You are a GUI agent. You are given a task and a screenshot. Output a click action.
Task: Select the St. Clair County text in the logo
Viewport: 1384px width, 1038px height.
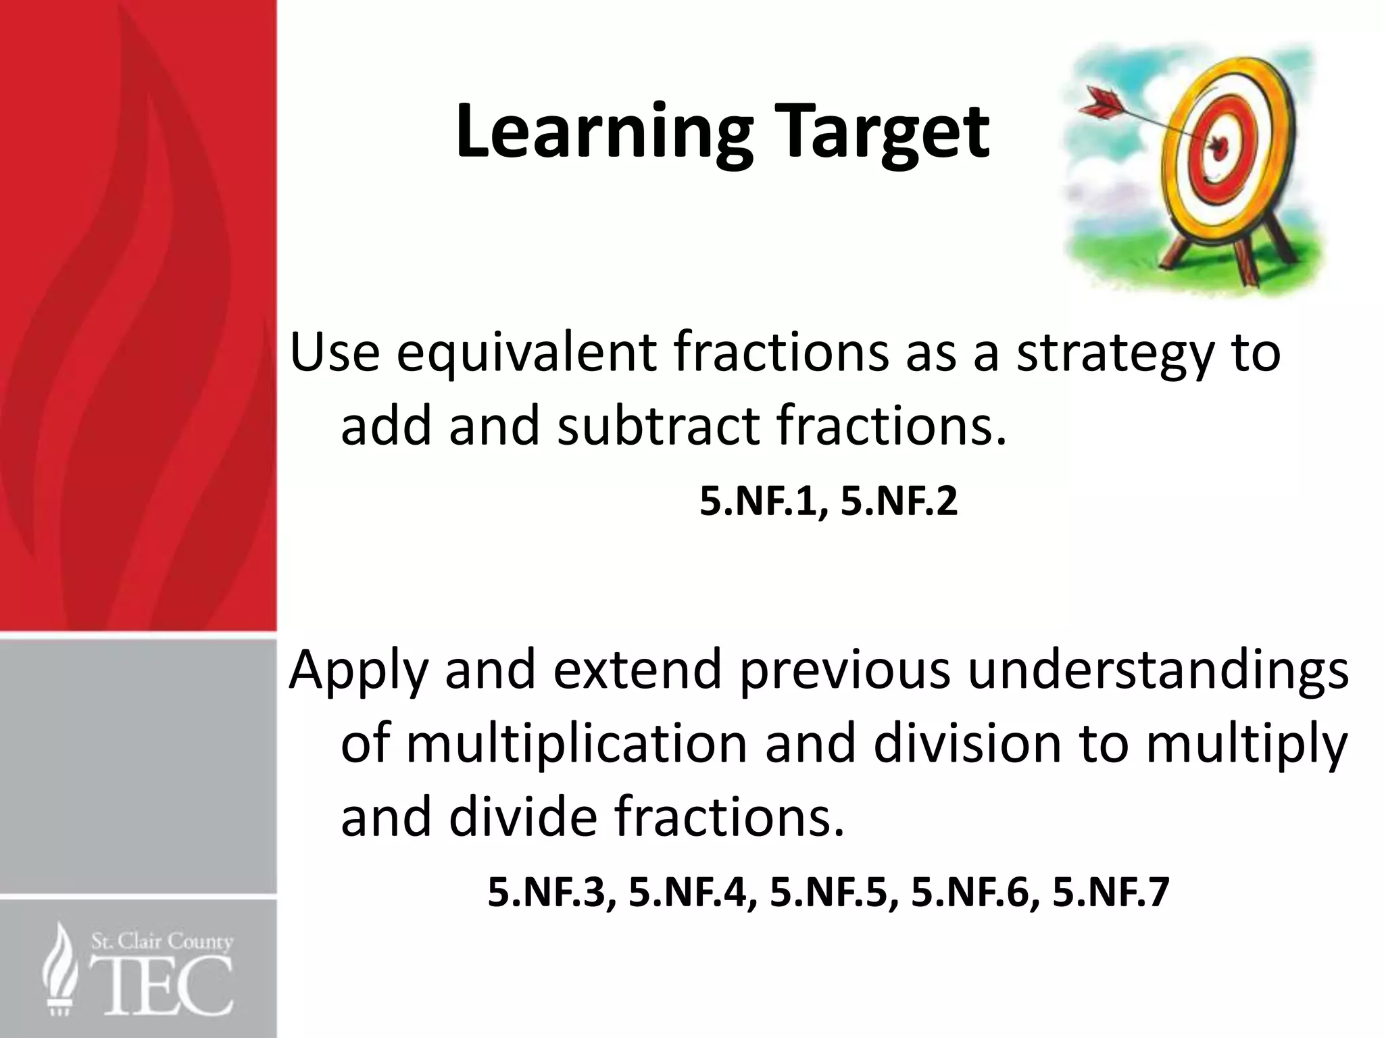[x=162, y=941]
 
